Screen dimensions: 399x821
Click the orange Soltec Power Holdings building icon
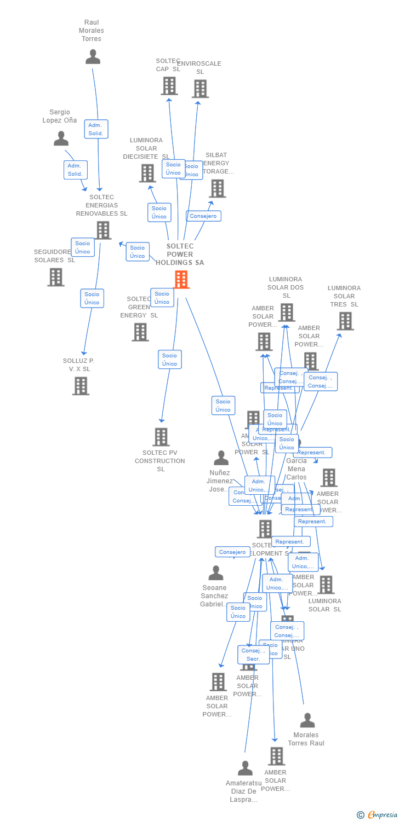click(181, 280)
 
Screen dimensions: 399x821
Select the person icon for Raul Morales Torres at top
click(93, 57)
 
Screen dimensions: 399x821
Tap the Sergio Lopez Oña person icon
click(61, 138)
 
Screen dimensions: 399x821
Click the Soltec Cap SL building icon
click(169, 86)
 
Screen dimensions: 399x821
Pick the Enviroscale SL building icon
click(200, 89)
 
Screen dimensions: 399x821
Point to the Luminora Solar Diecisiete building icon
click(147, 173)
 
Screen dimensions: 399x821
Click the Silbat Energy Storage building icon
click(217, 188)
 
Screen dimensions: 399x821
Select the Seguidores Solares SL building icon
click(55, 277)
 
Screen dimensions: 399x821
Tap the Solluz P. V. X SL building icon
click(81, 386)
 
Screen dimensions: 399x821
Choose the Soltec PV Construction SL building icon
click(161, 437)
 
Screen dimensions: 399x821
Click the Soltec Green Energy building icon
click(140, 332)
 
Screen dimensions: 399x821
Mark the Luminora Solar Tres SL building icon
click(345, 321)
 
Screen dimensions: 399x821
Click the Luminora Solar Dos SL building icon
click(286, 313)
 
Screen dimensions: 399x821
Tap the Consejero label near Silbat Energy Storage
click(203, 216)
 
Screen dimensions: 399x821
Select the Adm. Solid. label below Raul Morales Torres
click(96, 129)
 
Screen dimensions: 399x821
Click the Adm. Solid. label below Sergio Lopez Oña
click(75, 170)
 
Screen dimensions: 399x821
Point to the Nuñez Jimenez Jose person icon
click(221, 458)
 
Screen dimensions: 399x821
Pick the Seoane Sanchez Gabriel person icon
click(216, 573)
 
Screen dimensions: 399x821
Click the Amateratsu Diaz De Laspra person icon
click(245, 768)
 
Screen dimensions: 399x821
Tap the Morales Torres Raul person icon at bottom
click(307, 720)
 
